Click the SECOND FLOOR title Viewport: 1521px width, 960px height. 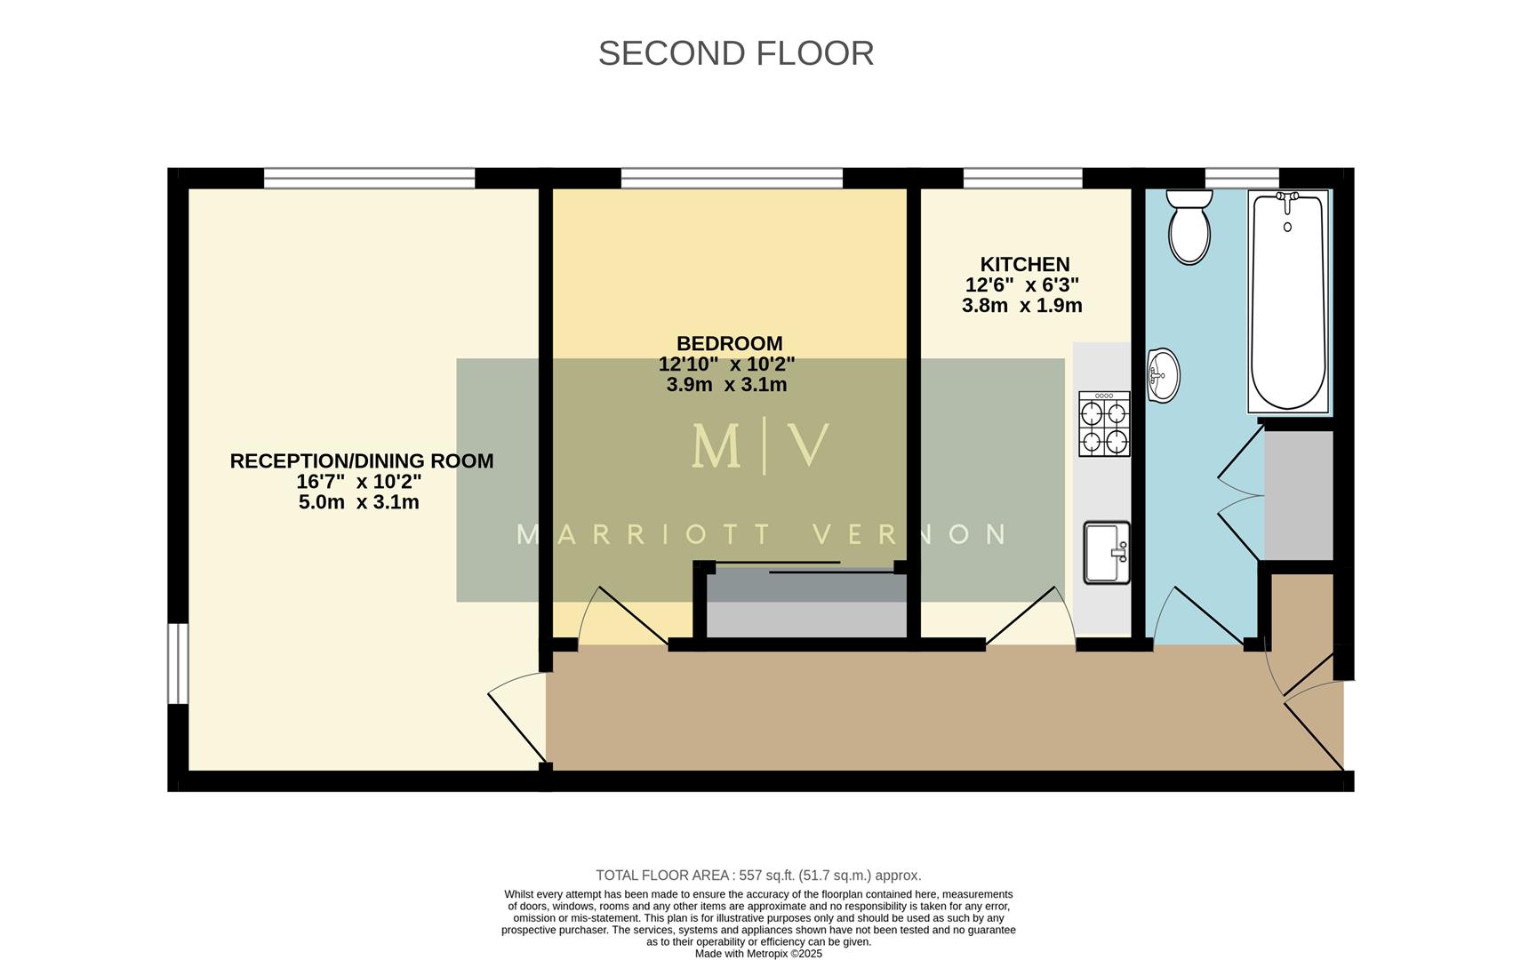(735, 53)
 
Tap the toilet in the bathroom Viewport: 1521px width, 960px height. (1189, 226)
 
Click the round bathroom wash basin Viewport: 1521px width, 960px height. (1162, 375)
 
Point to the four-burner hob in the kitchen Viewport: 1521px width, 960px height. (1103, 424)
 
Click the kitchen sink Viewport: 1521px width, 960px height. (1106, 552)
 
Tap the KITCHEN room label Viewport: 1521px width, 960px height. (1024, 264)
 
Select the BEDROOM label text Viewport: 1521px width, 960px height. (729, 343)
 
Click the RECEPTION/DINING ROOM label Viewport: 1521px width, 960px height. (361, 460)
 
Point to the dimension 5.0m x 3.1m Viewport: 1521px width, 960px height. (358, 502)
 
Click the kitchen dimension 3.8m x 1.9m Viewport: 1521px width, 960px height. (1021, 306)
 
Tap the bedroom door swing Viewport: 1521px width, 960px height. (622, 618)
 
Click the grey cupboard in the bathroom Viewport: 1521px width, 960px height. (1298, 495)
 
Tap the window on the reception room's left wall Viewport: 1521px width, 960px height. (179, 663)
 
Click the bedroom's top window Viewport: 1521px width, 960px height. (731, 179)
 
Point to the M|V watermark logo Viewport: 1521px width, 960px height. (760, 447)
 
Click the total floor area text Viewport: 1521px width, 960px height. (757, 876)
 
